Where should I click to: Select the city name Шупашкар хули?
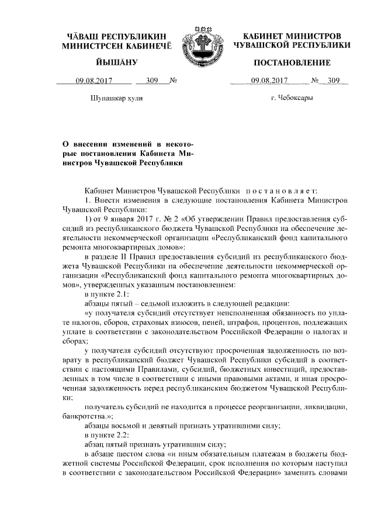[116, 98]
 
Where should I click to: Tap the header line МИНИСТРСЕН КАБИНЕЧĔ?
[115, 46]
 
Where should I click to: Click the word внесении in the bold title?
[103, 143]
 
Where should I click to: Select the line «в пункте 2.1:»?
[103, 294]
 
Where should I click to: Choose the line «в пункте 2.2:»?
[103, 436]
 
